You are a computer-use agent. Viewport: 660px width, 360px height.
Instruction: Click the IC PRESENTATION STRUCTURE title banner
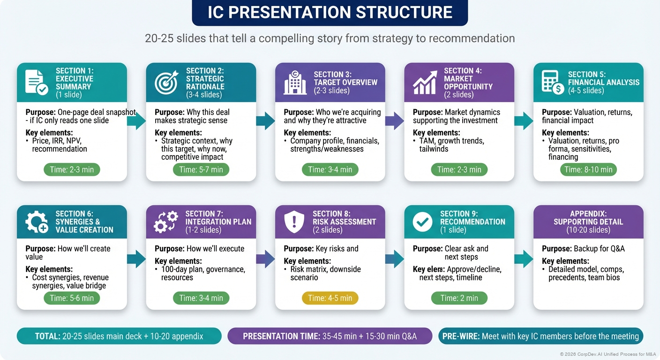click(x=330, y=13)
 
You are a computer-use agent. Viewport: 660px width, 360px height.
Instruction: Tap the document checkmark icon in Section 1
click(x=36, y=82)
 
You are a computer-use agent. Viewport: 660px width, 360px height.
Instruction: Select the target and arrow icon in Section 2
click(x=166, y=82)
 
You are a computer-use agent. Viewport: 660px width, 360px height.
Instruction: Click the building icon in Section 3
click(x=295, y=82)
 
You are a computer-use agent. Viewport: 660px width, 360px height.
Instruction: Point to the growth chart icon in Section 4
click(x=425, y=82)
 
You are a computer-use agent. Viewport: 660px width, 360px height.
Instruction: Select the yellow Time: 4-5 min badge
click(x=330, y=298)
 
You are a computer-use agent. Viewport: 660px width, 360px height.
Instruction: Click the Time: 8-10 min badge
click(x=588, y=169)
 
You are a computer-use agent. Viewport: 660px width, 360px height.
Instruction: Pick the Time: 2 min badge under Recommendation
click(x=459, y=298)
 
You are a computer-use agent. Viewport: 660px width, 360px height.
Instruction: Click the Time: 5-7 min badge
click(x=201, y=169)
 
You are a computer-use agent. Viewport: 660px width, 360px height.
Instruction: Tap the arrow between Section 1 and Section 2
click(x=136, y=121)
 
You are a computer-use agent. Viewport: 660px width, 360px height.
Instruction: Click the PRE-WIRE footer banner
click(x=541, y=336)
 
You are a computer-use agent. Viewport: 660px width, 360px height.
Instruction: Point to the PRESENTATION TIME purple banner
click(x=330, y=336)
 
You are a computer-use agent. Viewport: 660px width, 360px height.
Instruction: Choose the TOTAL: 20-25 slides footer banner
click(x=119, y=336)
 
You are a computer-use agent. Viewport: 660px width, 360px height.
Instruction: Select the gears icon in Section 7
click(x=166, y=222)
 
